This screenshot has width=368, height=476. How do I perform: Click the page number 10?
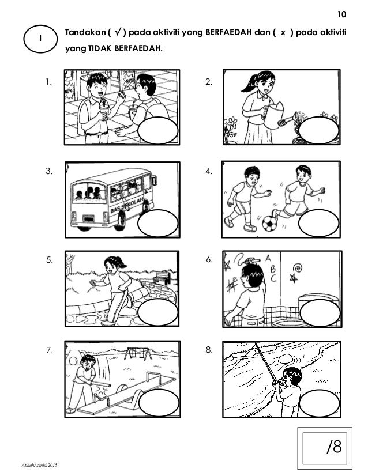click(341, 14)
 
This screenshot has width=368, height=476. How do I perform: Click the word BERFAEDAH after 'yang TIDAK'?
click(138, 48)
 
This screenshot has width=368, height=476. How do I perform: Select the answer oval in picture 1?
click(157, 130)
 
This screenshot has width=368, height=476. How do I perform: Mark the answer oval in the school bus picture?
click(157, 223)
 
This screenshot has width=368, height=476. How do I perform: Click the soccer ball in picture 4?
click(269, 224)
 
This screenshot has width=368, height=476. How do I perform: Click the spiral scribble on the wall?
click(298, 269)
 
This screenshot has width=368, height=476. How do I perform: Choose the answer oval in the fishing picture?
click(319, 403)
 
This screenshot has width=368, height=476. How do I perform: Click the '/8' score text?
click(334, 447)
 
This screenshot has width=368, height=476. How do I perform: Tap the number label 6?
click(209, 259)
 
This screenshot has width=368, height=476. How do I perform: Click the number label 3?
click(49, 171)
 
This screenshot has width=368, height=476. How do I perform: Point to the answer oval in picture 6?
click(320, 313)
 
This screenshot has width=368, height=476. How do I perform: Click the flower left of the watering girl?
click(232, 123)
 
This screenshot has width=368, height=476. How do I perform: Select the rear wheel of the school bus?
click(121, 220)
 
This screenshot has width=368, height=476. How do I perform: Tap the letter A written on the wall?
click(268, 259)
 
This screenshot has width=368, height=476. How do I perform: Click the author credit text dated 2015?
click(39, 465)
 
